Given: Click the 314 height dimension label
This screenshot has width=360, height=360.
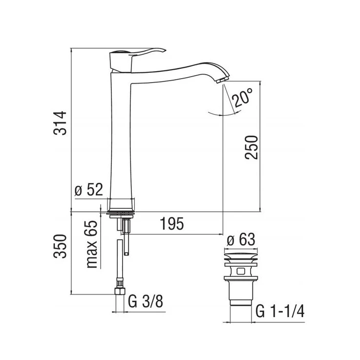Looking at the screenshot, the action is point(60,123).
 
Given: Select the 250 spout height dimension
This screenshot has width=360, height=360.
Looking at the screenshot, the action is point(252,148).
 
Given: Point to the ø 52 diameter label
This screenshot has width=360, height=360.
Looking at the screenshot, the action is point(89,190).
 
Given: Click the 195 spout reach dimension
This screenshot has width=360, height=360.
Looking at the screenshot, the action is point(172,223).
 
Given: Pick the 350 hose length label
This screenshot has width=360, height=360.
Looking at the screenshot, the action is point(60,246).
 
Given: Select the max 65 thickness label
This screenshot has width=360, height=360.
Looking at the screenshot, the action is point(92,244).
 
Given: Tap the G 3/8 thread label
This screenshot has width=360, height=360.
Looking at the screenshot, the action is point(146,301).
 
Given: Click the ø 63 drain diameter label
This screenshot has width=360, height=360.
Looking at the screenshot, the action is point(241,239).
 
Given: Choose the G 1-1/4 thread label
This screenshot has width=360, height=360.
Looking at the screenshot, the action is point(280,311).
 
